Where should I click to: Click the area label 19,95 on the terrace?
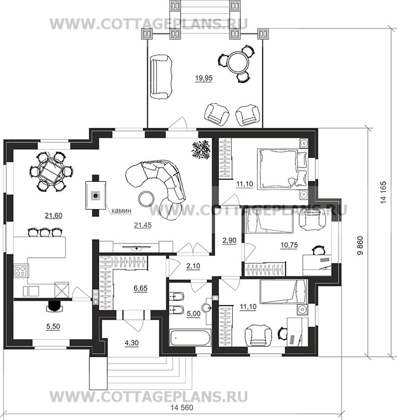point(204,78)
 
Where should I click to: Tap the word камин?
point(121,211)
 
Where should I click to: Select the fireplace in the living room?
point(96,195)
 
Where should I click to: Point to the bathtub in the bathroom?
point(190,338)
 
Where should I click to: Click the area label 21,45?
point(142,225)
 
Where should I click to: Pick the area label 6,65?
point(140,288)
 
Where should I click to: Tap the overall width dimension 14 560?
point(182,408)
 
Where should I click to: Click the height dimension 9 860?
point(360,246)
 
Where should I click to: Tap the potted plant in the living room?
point(200,150)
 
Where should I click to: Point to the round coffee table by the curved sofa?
point(146,198)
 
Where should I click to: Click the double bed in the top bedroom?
point(282,169)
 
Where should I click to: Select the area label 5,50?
point(53,327)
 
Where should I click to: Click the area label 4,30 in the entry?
point(131,343)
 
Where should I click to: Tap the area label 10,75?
point(289,245)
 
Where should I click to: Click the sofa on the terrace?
point(161,77)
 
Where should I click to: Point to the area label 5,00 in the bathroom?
point(193,313)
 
